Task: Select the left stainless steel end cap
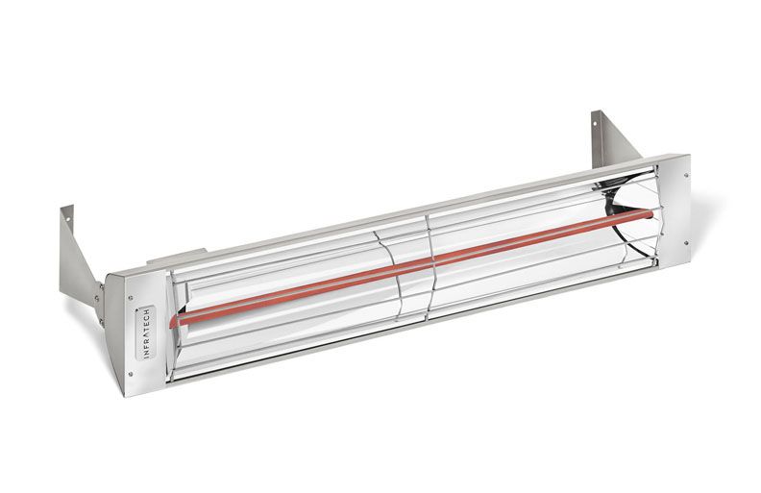click(x=134, y=332)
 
